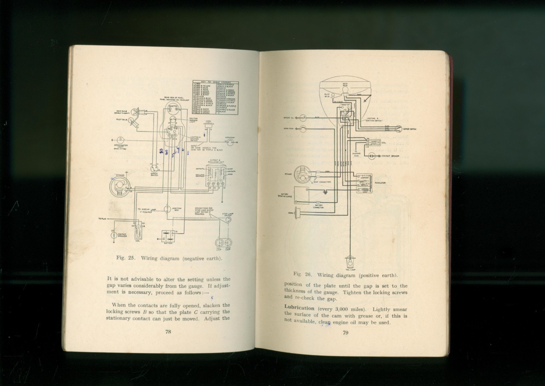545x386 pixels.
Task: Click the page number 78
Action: pyautogui.click(x=168, y=332)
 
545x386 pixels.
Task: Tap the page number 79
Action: pyautogui.click(x=345, y=333)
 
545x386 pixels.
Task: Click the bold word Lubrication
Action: pyautogui.click(x=299, y=308)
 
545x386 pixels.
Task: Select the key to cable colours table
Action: pyautogui.click(x=215, y=98)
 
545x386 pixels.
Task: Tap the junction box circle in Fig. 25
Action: pyautogui.click(x=168, y=209)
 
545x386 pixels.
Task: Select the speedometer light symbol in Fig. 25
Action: pyautogui.click(x=120, y=140)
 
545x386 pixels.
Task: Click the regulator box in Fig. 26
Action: pyautogui.click(x=364, y=183)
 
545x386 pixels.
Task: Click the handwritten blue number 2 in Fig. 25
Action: pyautogui.click(x=161, y=151)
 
